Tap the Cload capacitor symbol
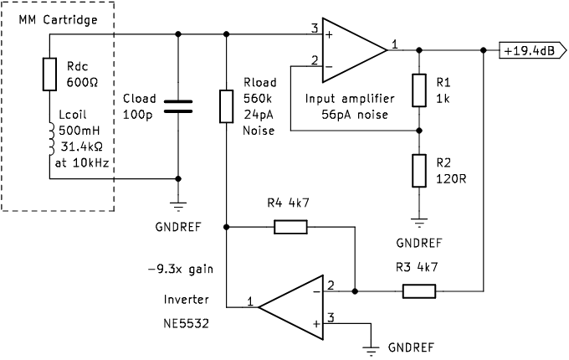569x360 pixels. (x=178, y=105)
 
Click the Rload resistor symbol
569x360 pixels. (x=226, y=106)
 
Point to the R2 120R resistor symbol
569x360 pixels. (x=418, y=171)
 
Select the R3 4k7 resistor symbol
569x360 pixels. (x=418, y=291)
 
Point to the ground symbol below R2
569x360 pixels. (x=418, y=220)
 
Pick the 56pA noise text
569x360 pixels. (x=347, y=115)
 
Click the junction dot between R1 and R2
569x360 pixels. (x=418, y=131)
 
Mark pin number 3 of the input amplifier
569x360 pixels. (x=315, y=28)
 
